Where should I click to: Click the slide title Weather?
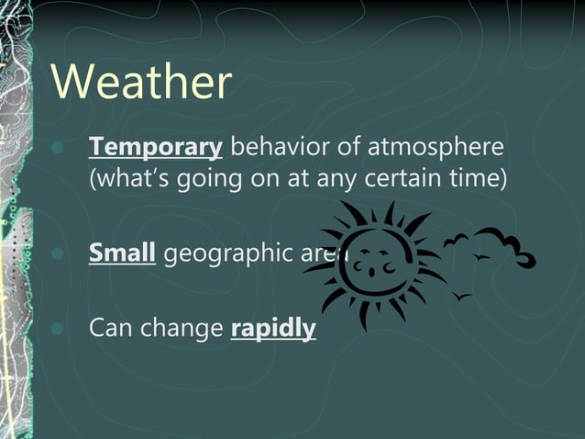(x=141, y=82)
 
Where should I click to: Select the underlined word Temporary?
(x=156, y=147)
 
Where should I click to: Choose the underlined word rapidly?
(x=273, y=328)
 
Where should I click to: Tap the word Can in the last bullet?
(x=108, y=328)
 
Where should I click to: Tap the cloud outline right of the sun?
(x=510, y=247)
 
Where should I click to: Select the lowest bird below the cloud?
(x=462, y=296)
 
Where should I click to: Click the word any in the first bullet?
(x=336, y=177)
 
